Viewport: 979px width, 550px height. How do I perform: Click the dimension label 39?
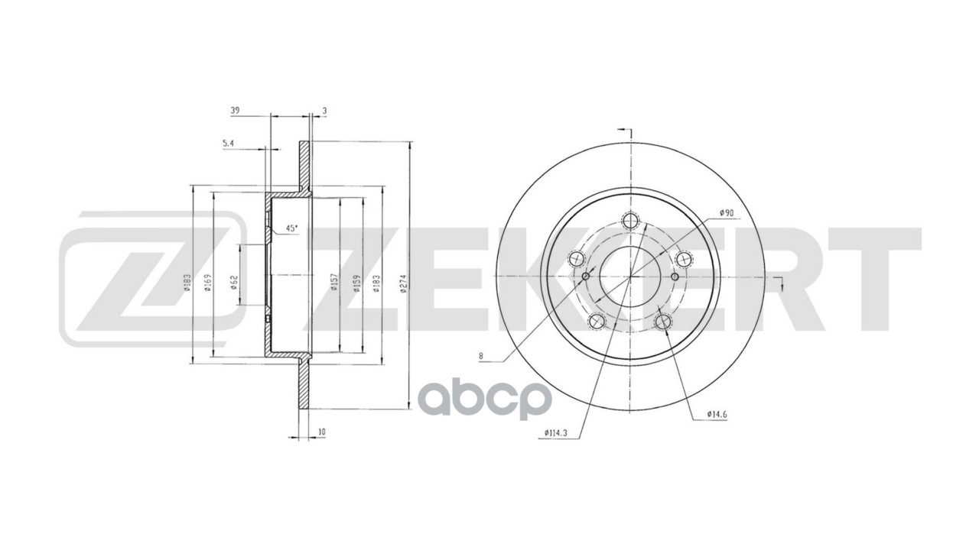pos(235,111)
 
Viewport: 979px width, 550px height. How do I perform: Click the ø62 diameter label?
pos(233,283)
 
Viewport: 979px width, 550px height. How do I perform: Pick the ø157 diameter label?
pos(335,283)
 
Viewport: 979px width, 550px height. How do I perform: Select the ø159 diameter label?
pos(356,283)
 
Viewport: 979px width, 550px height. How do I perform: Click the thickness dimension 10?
pos(322,432)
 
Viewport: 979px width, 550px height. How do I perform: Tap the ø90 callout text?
pos(727,212)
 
